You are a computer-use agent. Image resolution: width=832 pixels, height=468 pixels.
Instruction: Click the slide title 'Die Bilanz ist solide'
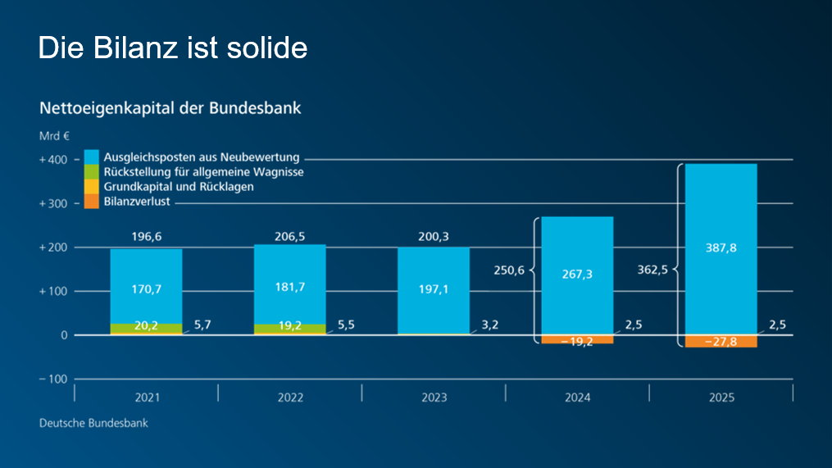173,48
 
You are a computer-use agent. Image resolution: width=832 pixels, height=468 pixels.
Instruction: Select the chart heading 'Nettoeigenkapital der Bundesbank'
170,107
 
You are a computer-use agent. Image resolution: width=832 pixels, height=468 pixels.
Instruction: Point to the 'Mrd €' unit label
53,136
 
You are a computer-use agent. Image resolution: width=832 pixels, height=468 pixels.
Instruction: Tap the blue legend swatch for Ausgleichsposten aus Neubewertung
91,157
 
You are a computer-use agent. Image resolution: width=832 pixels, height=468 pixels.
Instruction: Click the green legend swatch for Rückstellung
91,172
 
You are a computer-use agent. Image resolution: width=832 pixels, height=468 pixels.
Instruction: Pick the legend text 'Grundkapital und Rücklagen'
179,187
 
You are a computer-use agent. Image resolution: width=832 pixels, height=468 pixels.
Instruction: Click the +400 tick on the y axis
53,160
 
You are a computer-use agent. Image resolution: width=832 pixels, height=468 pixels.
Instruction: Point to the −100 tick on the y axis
53,379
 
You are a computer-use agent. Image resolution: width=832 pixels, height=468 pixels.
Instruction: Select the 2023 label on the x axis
434,398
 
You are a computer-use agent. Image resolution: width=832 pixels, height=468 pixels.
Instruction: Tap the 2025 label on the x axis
721,398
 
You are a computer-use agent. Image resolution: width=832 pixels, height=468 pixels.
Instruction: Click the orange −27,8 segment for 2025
721,342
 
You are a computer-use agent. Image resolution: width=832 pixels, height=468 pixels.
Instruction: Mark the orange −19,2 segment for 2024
577,339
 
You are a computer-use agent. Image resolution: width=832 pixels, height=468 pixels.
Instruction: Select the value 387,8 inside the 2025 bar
721,248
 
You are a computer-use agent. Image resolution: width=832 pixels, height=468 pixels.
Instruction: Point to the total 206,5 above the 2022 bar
290,237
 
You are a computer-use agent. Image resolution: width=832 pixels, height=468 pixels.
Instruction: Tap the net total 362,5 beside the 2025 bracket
653,268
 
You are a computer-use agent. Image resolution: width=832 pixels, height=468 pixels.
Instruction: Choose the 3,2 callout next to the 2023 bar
489,325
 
